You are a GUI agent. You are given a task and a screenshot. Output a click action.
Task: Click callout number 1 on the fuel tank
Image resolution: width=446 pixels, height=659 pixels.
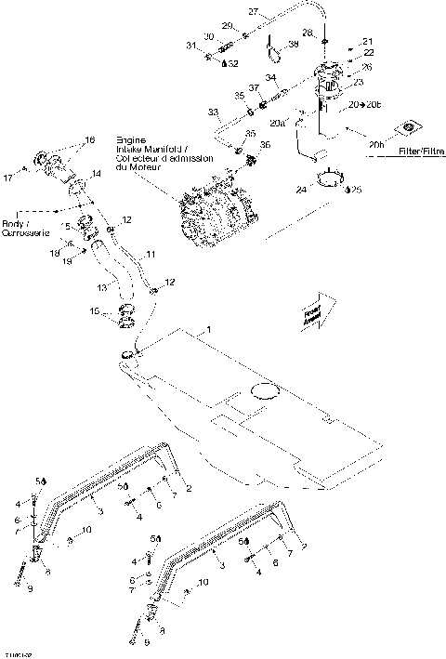pos(209,330)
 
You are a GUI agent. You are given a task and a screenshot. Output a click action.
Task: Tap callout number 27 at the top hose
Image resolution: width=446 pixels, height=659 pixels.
pos(252,12)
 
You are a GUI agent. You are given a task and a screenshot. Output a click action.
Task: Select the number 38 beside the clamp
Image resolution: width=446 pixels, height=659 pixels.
pos(294,44)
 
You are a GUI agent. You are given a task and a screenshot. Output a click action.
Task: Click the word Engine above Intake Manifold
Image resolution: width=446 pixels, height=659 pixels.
pos(129,138)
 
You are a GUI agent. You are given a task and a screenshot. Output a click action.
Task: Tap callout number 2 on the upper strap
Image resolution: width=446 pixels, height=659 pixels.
pos(190,488)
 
